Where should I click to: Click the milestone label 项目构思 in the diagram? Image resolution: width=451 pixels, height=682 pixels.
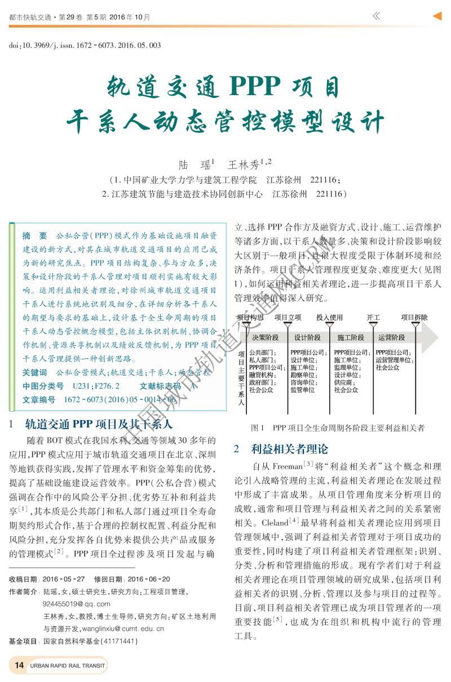250,318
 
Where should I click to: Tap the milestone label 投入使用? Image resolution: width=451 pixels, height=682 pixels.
329,318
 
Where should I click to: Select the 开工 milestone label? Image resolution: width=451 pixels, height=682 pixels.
373,318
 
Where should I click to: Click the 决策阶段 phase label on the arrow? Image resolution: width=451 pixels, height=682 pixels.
265,337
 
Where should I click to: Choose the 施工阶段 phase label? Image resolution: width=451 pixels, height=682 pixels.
351,337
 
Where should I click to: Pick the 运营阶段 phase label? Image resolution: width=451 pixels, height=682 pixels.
392,337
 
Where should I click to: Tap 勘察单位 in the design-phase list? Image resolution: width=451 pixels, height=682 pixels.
303,375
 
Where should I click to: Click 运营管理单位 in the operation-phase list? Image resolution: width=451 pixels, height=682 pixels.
393,360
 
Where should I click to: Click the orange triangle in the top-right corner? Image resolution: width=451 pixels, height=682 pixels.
436,16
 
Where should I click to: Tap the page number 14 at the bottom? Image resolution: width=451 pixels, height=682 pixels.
19,666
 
